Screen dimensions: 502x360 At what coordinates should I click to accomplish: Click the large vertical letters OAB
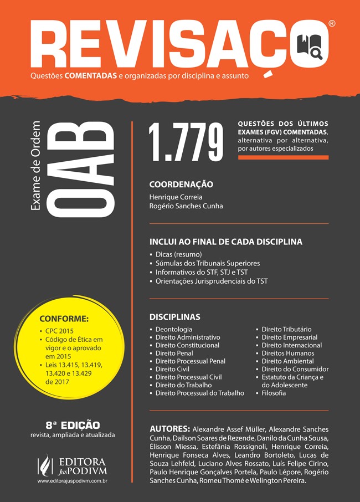click(x=80, y=168)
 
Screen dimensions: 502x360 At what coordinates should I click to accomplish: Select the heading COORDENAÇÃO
click(x=181, y=185)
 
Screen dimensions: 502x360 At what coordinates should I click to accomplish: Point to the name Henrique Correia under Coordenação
click(x=176, y=197)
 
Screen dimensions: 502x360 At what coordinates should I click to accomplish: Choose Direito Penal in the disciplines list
click(x=174, y=353)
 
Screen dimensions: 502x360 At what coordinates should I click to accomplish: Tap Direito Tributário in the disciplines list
click(x=286, y=329)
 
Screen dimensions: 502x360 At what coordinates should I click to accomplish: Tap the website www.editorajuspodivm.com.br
click(x=72, y=482)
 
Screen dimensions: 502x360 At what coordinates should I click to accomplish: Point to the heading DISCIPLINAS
click(x=174, y=317)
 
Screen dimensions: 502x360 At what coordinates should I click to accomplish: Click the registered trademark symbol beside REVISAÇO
click(x=331, y=24)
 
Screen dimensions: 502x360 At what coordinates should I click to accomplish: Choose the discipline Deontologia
click(x=174, y=329)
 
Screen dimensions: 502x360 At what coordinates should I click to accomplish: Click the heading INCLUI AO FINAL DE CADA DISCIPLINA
click(x=225, y=242)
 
